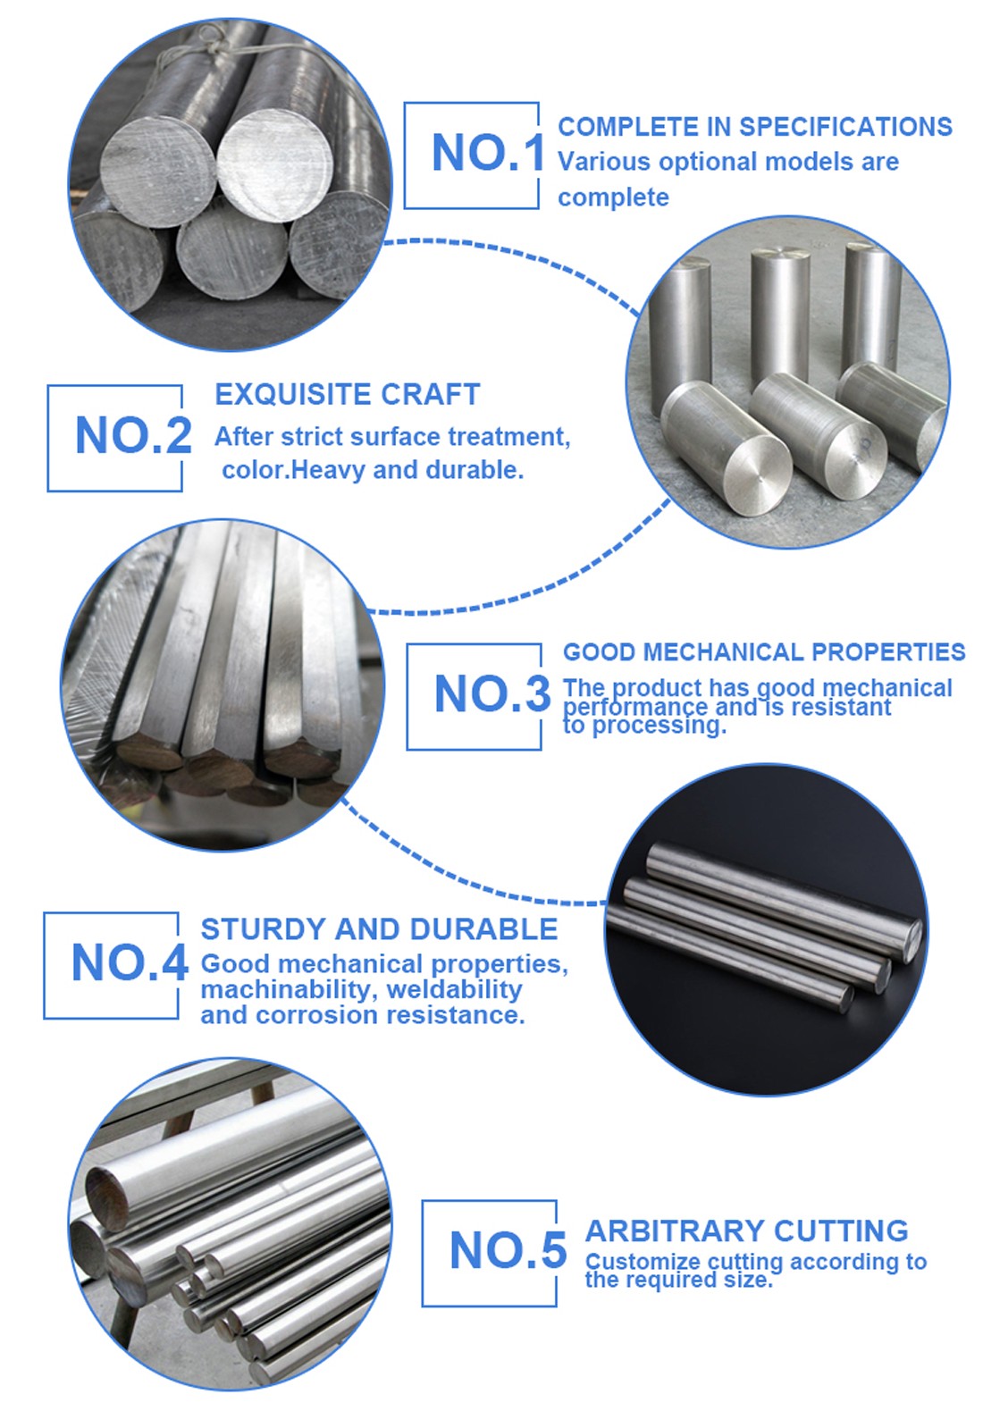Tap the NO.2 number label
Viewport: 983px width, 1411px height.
pos(133,435)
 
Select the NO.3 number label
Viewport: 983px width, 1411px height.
pos(492,693)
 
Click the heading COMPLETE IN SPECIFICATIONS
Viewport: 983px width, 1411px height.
pos(755,127)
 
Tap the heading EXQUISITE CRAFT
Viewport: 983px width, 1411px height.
pos(348,394)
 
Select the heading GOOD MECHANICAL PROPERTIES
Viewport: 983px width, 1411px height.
pos(764,652)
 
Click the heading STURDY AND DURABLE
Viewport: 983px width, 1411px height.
pos(379,929)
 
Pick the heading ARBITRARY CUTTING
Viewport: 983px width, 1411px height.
pos(746,1230)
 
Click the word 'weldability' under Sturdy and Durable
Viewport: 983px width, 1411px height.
pos(454,989)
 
